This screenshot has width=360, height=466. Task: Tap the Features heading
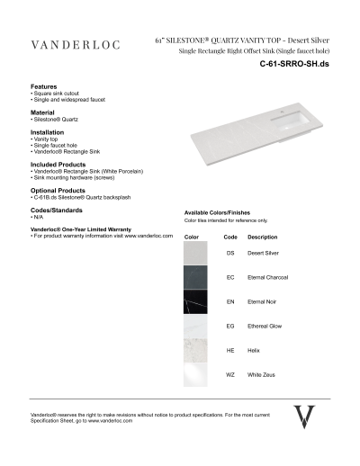coord(44,86)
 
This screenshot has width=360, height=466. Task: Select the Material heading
coord(44,112)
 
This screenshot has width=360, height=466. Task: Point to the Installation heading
coord(48,131)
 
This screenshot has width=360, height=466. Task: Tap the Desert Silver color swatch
coord(195,254)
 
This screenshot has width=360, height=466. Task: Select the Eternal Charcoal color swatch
coord(195,278)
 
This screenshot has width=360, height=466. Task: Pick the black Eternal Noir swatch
coord(195,302)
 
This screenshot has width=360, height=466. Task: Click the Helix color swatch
coord(195,350)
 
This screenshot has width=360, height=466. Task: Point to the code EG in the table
coord(230,326)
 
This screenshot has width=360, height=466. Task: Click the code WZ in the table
coord(230,373)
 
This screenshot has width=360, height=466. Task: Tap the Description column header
coord(262,237)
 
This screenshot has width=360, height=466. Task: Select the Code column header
coord(230,237)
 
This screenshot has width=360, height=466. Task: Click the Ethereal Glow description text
coord(265,326)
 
